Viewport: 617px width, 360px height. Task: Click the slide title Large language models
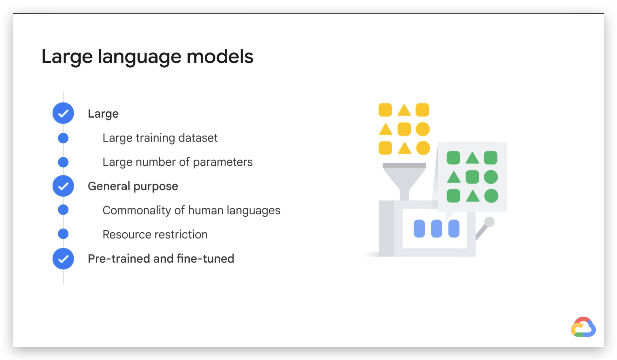147,57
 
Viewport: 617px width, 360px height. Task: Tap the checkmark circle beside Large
63,113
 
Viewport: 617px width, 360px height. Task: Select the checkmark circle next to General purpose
63,186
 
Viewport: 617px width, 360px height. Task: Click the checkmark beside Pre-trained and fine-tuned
63,259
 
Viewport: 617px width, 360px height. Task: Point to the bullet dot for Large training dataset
63,138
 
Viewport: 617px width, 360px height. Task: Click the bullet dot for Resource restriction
63,234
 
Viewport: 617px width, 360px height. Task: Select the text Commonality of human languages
192,210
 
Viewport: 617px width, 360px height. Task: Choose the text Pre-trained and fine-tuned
161,258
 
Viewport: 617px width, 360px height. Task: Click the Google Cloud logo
583,327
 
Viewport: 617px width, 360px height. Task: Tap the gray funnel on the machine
404,181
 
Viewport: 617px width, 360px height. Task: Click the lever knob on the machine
489,222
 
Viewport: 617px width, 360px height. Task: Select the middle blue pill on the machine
436,228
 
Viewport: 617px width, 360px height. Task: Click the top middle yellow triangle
404,110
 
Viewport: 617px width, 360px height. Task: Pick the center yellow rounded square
404,129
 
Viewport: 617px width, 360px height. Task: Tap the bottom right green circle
491,196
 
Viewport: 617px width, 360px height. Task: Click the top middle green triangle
472,158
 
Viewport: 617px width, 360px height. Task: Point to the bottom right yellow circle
423,148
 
